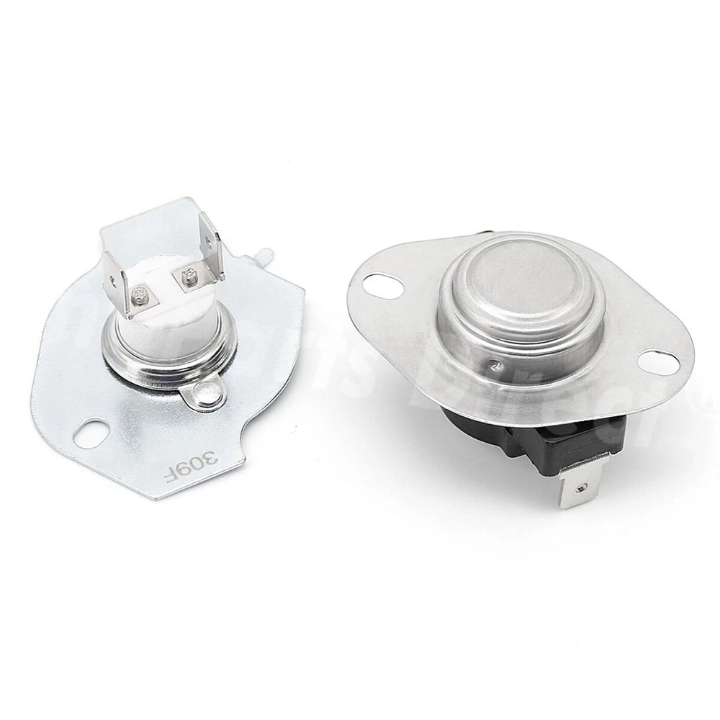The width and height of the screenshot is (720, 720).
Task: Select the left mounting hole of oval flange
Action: pyautogui.click(x=378, y=285)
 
